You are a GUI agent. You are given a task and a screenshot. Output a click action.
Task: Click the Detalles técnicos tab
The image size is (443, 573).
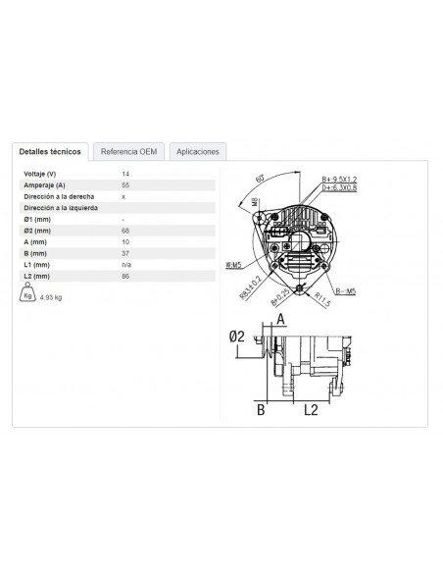tap(51, 152)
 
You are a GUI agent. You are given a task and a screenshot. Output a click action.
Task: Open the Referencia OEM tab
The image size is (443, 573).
tap(128, 152)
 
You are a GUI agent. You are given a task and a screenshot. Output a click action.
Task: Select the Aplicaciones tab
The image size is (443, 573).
tap(199, 152)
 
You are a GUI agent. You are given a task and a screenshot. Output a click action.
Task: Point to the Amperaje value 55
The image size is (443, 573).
tap(124, 185)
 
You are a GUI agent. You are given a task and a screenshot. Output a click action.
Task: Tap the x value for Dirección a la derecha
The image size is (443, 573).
tap(123, 197)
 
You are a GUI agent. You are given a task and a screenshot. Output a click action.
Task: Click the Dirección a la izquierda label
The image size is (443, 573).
tap(61, 208)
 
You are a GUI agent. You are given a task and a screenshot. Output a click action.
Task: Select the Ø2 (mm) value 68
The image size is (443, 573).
tap(124, 231)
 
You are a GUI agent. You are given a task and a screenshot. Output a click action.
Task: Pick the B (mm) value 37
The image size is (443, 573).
tap(124, 253)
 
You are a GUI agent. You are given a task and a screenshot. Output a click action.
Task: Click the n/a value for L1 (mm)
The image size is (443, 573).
tap(125, 265)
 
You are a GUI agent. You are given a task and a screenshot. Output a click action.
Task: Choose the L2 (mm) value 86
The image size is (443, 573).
tap(124, 277)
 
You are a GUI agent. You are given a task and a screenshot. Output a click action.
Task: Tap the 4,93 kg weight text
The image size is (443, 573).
tap(52, 296)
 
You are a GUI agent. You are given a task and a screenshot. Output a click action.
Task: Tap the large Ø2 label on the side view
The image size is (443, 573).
tap(236, 336)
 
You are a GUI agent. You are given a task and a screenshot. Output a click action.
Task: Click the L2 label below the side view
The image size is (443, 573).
tap(310, 409)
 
